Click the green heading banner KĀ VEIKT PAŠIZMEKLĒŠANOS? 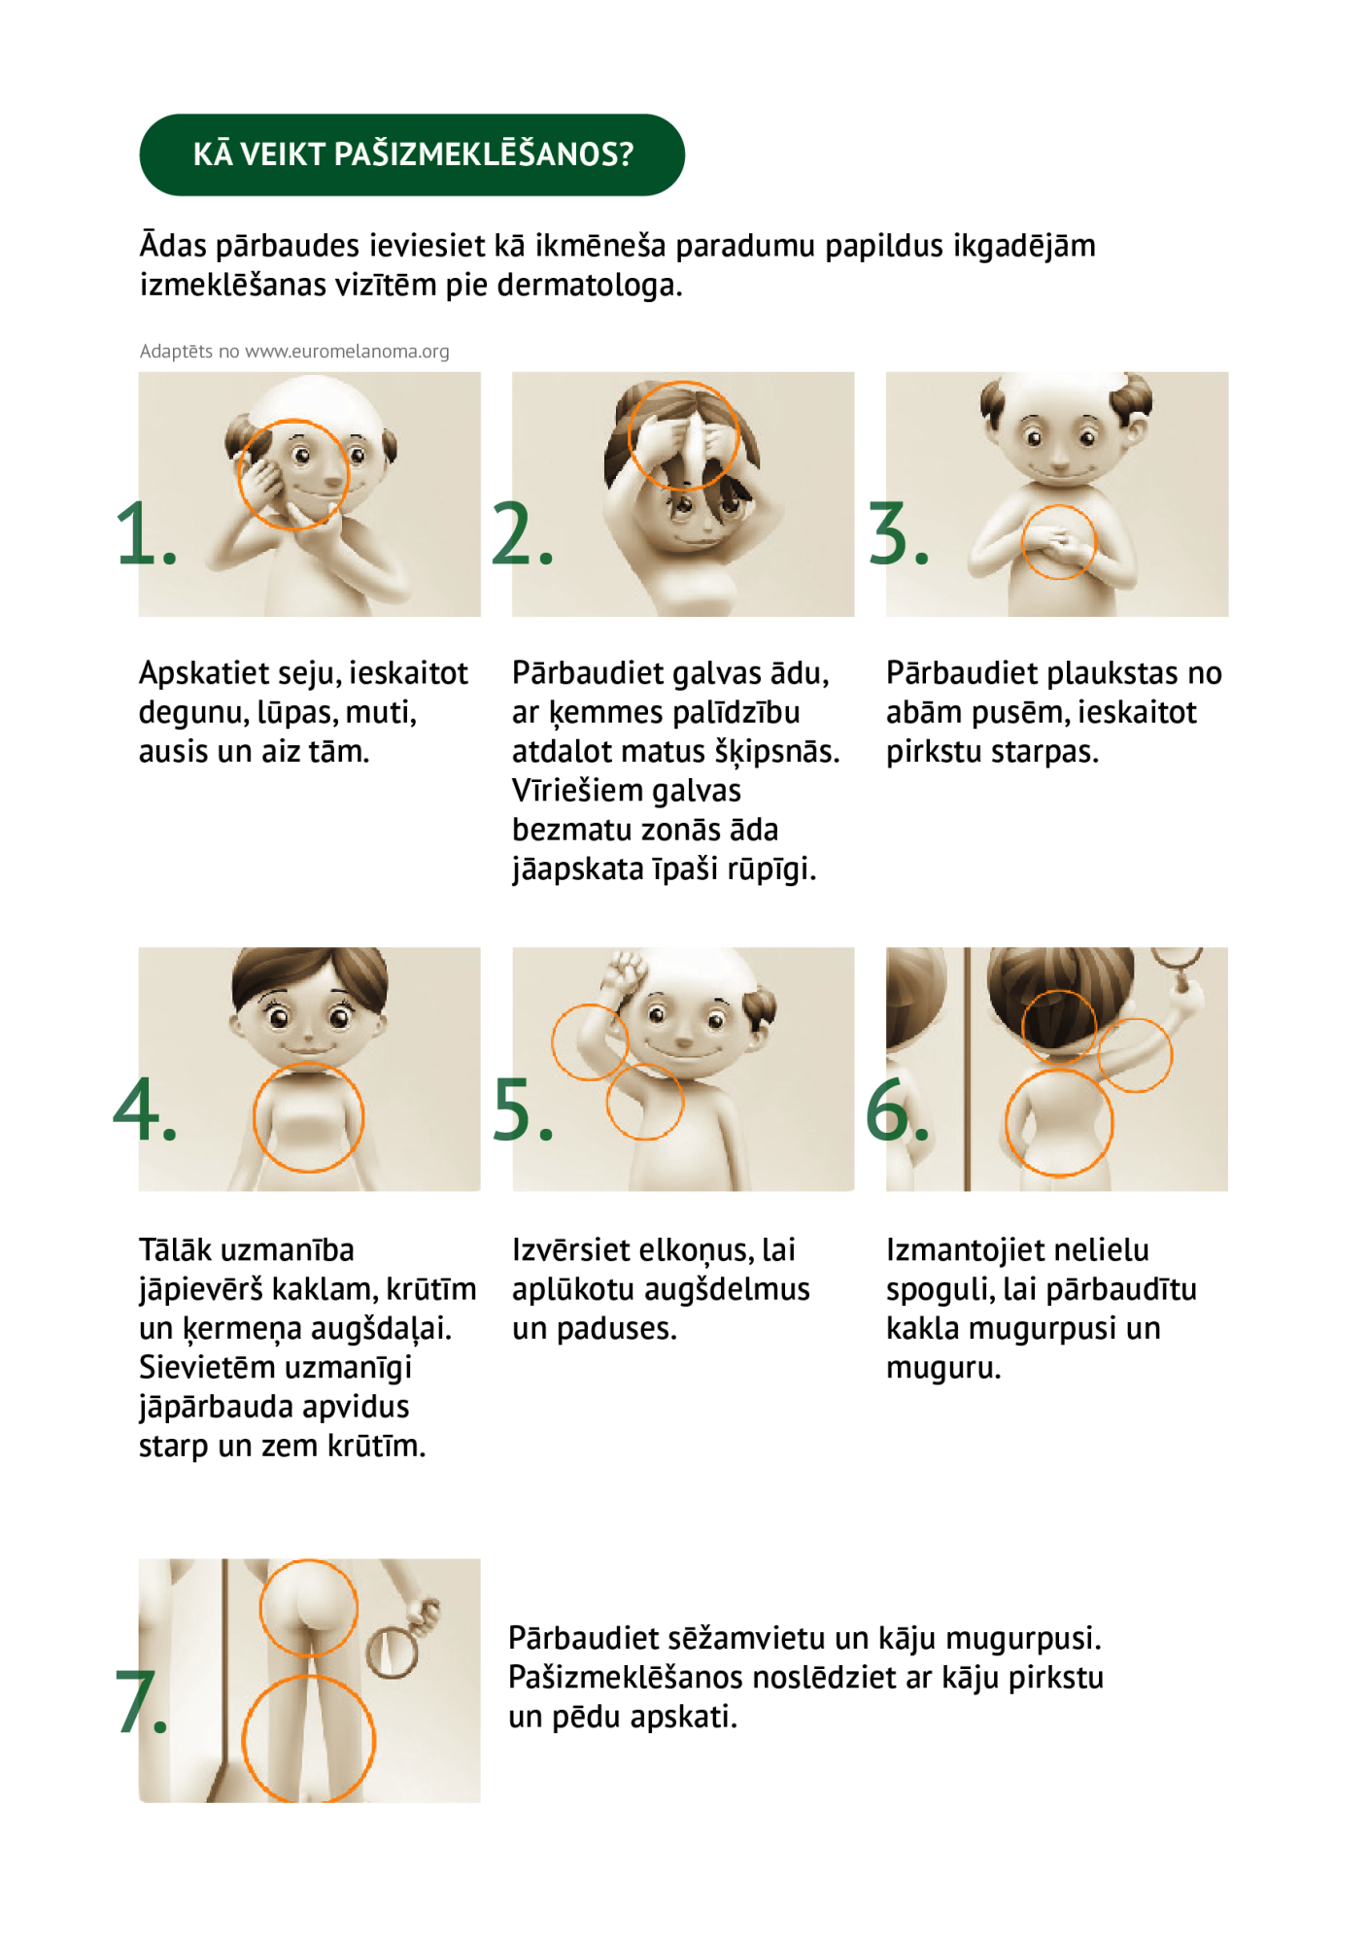412,154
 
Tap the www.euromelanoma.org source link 347,352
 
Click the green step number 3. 899,533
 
